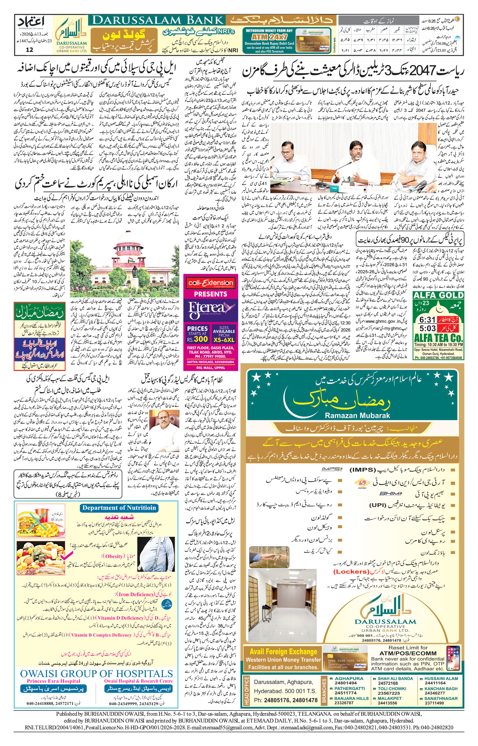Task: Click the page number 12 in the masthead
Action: (30, 50)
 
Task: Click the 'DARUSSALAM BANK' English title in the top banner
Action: (158, 21)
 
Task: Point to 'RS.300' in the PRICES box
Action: (197, 339)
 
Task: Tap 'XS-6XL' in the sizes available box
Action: (223, 340)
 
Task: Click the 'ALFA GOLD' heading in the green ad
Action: (438, 295)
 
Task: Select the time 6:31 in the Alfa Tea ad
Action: (427, 320)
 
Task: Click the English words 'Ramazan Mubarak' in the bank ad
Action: (357, 416)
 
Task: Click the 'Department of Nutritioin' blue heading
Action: (119, 508)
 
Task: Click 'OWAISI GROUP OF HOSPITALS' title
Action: (96, 674)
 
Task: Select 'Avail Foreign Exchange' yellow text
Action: (284, 652)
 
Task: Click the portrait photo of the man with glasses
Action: (167, 426)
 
